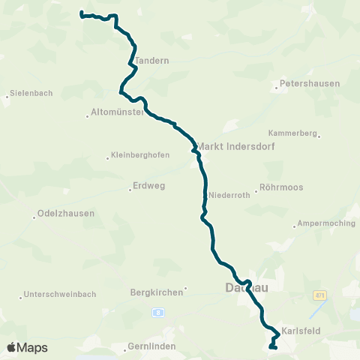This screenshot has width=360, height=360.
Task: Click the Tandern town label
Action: (153, 61)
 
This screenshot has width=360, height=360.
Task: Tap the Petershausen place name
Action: (310, 83)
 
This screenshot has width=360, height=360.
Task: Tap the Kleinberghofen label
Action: (140, 155)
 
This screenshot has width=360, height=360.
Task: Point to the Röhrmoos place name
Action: (280, 187)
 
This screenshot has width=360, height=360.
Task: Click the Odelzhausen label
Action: (66, 213)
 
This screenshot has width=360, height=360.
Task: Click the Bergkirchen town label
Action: (157, 292)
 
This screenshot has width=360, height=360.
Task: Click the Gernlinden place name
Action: (151, 346)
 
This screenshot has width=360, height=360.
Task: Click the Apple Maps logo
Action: (27, 347)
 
